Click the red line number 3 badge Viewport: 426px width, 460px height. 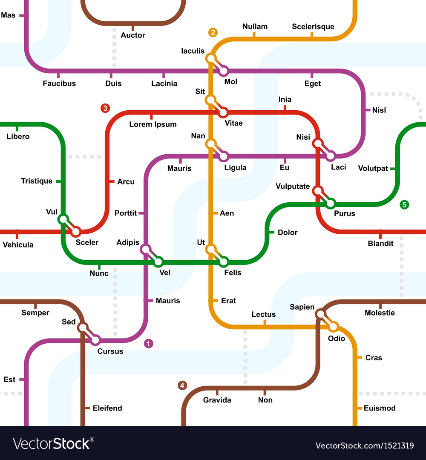(105, 108)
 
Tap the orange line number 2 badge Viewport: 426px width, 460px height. (213, 32)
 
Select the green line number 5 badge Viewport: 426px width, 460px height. (404, 205)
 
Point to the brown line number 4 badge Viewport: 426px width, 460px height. (182, 386)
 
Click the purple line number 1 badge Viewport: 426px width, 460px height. (148, 343)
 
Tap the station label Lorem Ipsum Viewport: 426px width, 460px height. (153, 124)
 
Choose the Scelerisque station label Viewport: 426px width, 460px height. (313, 27)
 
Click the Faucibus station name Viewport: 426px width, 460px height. (59, 83)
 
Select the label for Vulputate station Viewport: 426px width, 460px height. (293, 186)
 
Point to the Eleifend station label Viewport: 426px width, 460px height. (107, 408)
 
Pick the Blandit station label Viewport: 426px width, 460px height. (381, 244)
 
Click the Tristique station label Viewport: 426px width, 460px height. (37, 181)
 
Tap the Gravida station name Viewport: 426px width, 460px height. (217, 400)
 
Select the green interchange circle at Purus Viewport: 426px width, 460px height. (330, 204)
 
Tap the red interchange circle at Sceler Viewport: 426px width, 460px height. (76, 232)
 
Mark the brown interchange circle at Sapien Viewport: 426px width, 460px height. (320, 314)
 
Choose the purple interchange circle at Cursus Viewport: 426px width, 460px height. (95, 340)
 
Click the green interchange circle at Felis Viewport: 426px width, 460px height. (223, 262)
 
